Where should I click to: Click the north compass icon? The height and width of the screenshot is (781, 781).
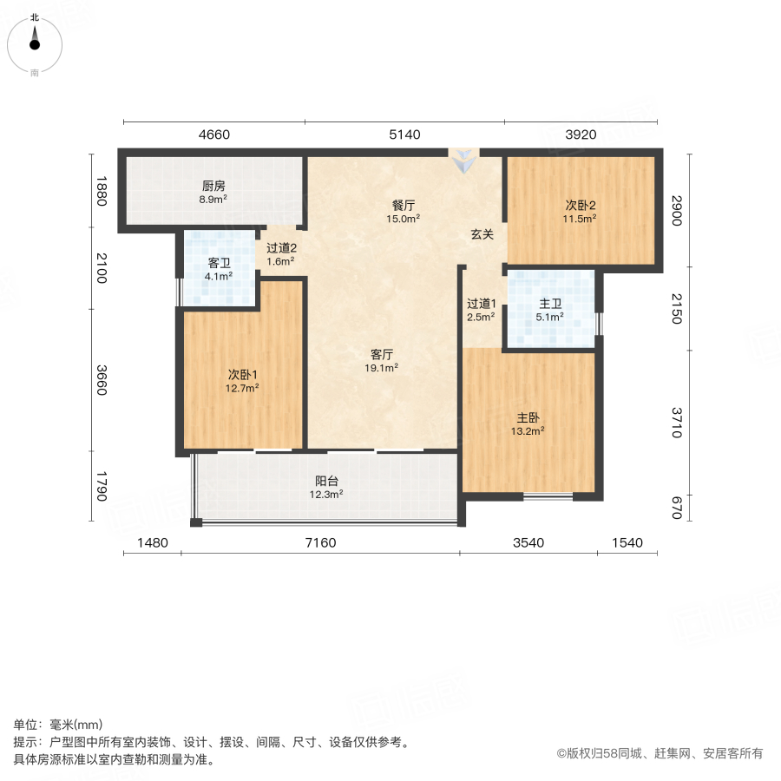tap(35, 41)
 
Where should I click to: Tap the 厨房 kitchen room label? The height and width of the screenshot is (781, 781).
tap(214, 186)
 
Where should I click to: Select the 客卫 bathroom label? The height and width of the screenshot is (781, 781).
tap(219, 263)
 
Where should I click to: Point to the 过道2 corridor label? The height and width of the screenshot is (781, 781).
tap(281, 247)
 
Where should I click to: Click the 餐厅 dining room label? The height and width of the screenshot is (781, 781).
tap(404, 206)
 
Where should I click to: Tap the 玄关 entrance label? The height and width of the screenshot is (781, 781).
tap(482, 233)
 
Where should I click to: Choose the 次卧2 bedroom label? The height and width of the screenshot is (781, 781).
tap(581, 206)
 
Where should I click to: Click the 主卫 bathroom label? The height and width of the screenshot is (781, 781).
tap(551, 304)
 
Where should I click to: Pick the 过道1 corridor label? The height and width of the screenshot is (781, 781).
tap(481, 304)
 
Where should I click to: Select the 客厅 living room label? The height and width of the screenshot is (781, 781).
tap(383, 354)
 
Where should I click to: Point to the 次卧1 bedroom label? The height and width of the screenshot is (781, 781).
tap(243, 375)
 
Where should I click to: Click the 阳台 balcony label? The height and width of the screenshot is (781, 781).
tap(327, 481)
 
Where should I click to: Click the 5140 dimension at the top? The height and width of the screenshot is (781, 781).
tap(404, 135)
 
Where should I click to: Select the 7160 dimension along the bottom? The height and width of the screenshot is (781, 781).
tap(319, 543)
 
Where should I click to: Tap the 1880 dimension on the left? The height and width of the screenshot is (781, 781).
tap(101, 191)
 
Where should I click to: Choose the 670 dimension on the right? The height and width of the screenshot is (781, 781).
tap(677, 506)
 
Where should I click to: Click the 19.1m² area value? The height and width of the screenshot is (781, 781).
tap(383, 368)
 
